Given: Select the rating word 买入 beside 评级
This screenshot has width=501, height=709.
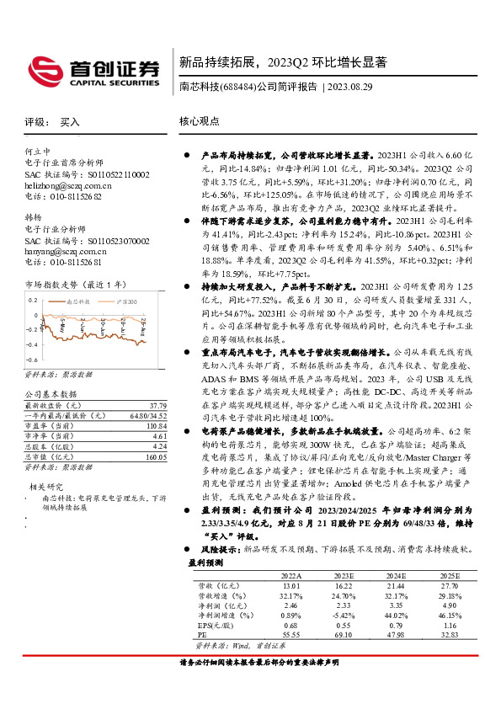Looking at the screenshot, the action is (x=69, y=122).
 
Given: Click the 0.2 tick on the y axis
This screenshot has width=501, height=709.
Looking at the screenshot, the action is (x=35, y=300).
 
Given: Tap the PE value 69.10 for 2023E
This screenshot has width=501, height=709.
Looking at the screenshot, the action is (x=343, y=635).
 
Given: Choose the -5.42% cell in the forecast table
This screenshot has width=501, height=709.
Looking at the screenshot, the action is (x=343, y=615).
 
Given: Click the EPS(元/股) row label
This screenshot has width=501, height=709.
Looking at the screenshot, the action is (x=212, y=625).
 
